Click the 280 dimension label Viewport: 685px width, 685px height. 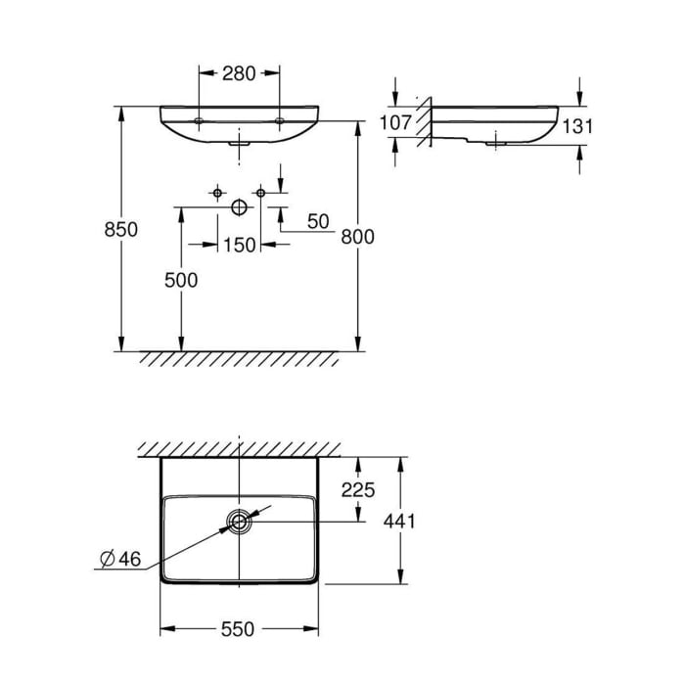click(x=239, y=72)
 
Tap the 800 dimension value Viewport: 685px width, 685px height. click(x=358, y=236)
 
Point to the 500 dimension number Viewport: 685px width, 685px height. click(x=181, y=280)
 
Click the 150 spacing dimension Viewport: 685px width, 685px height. click(x=239, y=245)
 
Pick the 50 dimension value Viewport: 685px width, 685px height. click(x=318, y=221)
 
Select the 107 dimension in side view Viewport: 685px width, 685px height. click(x=394, y=123)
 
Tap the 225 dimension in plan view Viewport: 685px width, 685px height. click(x=359, y=490)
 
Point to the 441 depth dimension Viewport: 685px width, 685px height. click(x=400, y=521)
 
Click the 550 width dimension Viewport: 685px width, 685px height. click(x=239, y=629)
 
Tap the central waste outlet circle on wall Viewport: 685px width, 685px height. click(x=239, y=207)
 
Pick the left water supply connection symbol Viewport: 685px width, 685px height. click(x=217, y=193)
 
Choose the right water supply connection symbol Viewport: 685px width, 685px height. click(x=260, y=193)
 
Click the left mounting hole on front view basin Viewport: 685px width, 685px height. click(x=200, y=121)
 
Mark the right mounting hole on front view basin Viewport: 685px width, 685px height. click(x=279, y=121)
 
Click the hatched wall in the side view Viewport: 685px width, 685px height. click(x=423, y=122)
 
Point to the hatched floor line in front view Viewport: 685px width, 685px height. click(x=239, y=357)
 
